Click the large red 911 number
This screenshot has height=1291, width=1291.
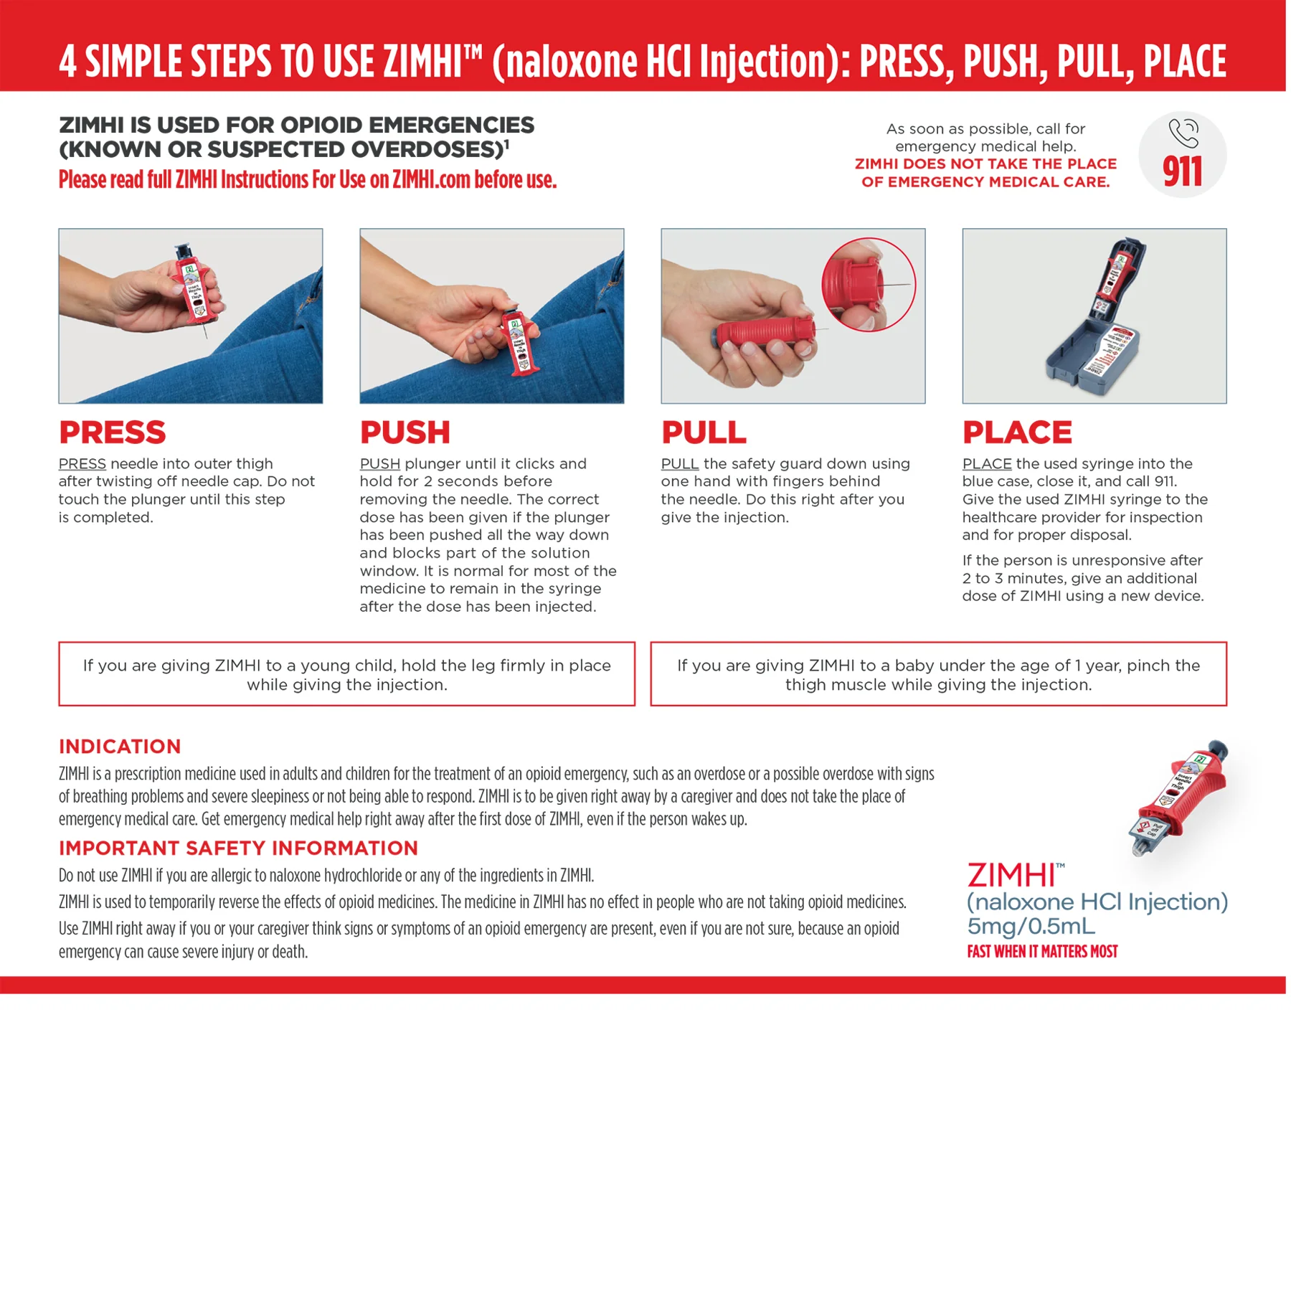coord(1182,172)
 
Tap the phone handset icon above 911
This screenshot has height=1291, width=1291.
coord(1183,132)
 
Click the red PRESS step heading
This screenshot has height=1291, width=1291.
coord(113,432)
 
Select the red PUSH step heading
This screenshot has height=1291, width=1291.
coord(405,432)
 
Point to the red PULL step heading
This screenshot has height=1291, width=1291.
coord(704,432)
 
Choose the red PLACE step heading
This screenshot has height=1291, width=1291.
coord(1017,432)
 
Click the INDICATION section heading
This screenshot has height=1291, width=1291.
coord(120,747)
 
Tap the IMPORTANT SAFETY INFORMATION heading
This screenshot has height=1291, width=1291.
coord(238,848)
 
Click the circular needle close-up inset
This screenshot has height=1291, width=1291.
coord(869,285)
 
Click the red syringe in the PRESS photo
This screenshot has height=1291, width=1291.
coord(195,285)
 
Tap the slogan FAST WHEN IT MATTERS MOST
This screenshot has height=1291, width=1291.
coord(1042,952)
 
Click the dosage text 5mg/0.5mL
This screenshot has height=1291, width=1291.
coord(1031,926)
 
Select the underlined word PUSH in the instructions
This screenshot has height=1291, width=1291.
coord(380,464)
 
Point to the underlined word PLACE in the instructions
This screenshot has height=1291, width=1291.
coord(987,464)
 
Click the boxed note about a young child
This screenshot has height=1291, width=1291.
coord(347,674)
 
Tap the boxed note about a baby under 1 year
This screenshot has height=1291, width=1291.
coord(938,674)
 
